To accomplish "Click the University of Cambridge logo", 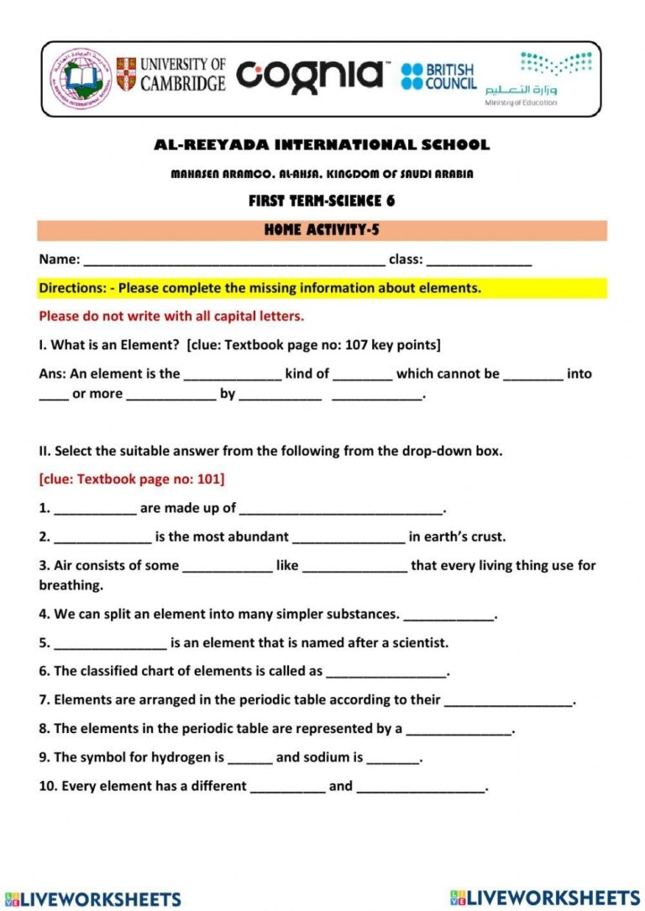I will click(x=171, y=75).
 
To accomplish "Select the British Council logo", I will click(x=438, y=76).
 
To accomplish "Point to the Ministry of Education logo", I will click(x=537, y=78).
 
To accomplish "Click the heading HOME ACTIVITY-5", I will click(x=322, y=230).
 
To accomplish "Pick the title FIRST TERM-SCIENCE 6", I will click(x=322, y=201).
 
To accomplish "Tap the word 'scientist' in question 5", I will click(x=417, y=643).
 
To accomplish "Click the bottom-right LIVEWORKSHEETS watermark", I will click(x=545, y=898).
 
